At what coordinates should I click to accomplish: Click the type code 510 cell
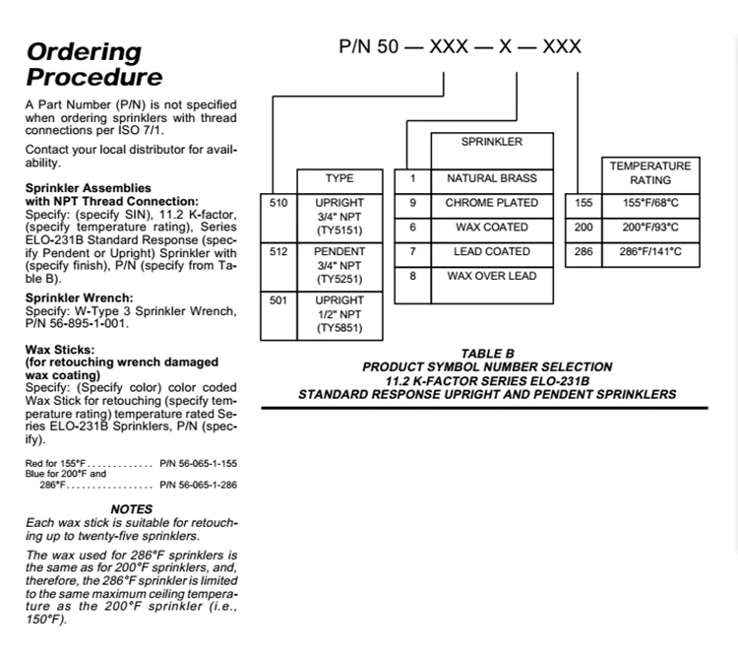pyautogui.click(x=278, y=218)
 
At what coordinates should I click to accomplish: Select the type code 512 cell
pyautogui.click(x=278, y=267)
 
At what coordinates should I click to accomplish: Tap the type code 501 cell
pyautogui.click(x=278, y=315)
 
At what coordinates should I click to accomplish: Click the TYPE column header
pyautogui.click(x=339, y=181)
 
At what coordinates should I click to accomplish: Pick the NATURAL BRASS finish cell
pyautogui.click(x=492, y=181)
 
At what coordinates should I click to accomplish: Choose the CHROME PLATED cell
pyautogui.click(x=492, y=206)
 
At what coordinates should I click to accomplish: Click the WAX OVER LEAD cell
pyautogui.click(x=492, y=286)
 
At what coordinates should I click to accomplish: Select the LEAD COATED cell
pyautogui.click(x=492, y=255)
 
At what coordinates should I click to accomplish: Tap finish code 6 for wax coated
pyautogui.click(x=412, y=231)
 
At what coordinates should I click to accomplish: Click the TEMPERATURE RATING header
pyautogui.click(x=650, y=175)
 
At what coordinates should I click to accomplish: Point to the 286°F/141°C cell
pyautogui.click(x=650, y=255)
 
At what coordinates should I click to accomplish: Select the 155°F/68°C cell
pyautogui.click(x=650, y=206)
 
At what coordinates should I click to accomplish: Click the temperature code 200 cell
pyautogui.click(x=584, y=231)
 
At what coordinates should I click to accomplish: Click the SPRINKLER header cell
pyautogui.click(x=492, y=151)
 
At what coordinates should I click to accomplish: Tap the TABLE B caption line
pyautogui.click(x=488, y=354)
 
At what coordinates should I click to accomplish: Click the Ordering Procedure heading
pyautogui.click(x=94, y=65)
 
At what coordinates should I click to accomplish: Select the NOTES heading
pyautogui.click(x=131, y=509)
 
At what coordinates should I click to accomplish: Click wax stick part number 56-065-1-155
pyautogui.click(x=198, y=464)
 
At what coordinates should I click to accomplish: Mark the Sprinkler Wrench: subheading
pyautogui.click(x=79, y=297)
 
